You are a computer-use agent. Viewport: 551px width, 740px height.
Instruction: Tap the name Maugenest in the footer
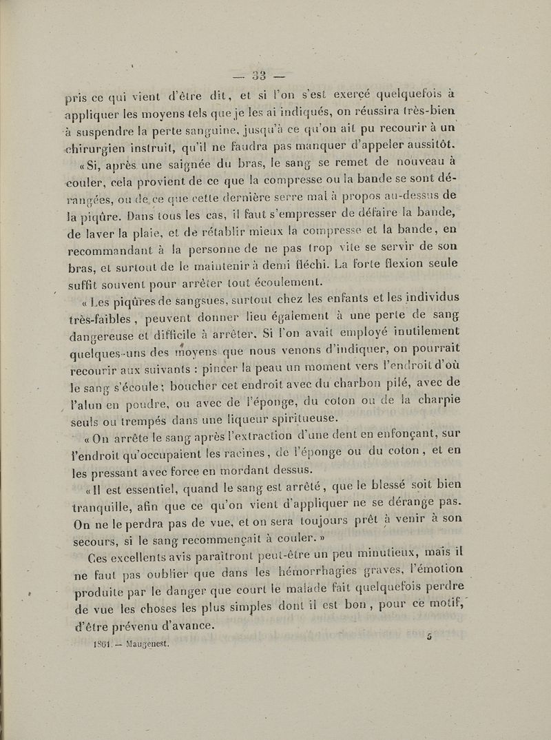click(147, 647)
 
